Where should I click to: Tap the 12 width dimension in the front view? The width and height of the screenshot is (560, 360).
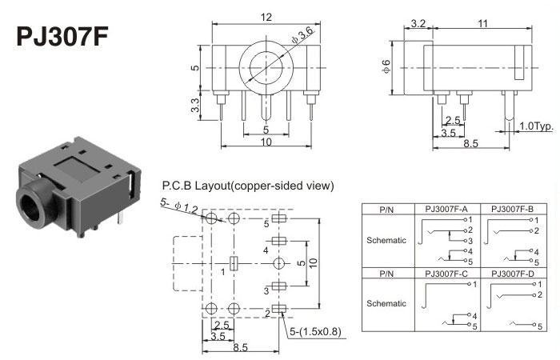point(265,17)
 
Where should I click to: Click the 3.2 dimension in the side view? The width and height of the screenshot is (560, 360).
point(416,25)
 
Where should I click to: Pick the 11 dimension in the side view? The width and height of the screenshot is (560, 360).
point(483,25)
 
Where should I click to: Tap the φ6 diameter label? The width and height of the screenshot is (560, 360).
point(386,69)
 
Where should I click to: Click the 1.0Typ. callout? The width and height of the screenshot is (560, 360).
point(536,126)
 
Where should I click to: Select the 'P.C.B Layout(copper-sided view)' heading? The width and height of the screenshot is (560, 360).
point(247,186)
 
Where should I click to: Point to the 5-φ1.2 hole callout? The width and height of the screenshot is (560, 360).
point(180,206)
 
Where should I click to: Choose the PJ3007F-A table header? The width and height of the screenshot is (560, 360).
point(446,209)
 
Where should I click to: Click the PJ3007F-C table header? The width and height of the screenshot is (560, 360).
point(446,274)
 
